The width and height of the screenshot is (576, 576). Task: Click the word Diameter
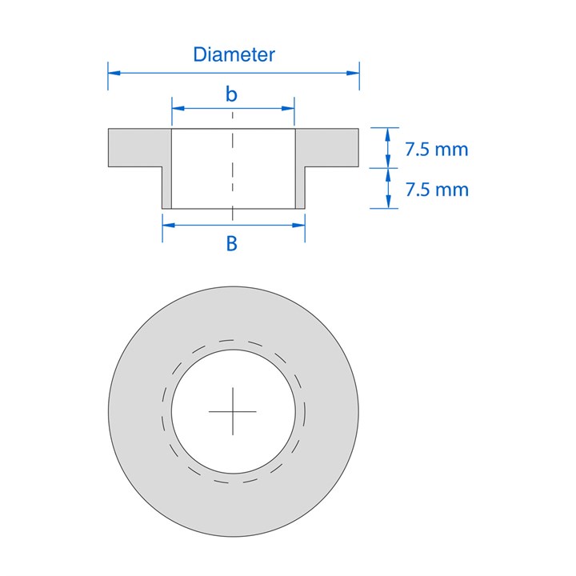pyautogui.click(x=234, y=54)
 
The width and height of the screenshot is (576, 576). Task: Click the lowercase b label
pyautogui.click(x=231, y=94)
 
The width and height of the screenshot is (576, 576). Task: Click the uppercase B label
pyautogui.click(x=232, y=244)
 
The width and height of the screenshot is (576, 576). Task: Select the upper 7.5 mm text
pyautogui.click(x=436, y=149)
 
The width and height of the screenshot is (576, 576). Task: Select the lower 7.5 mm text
pyautogui.click(x=436, y=190)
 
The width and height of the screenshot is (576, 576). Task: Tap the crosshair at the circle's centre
pyautogui.click(x=233, y=410)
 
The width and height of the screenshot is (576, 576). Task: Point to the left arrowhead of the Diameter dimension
pyautogui.click(x=113, y=73)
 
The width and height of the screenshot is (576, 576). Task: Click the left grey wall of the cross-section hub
pyautogui.click(x=167, y=188)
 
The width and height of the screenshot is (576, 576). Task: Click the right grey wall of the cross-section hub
pyautogui.click(x=301, y=188)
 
